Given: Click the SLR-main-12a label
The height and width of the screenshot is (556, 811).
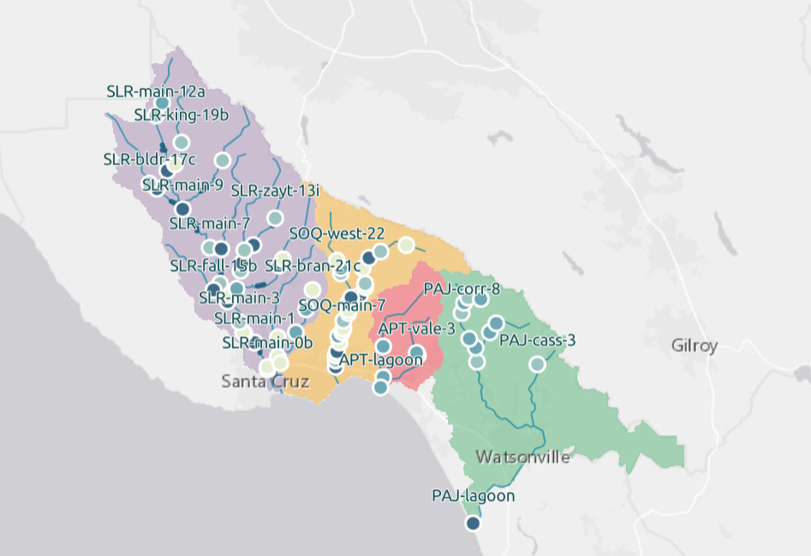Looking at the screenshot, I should pyautogui.click(x=156, y=91).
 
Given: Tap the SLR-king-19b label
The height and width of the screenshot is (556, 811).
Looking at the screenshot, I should pyautogui.click(x=182, y=115).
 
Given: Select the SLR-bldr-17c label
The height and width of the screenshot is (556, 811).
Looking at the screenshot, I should pyautogui.click(x=149, y=159).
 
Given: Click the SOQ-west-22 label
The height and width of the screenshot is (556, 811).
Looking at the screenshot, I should pyautogui.click(x=337, y=233).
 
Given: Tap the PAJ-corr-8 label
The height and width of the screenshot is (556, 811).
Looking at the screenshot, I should pyautogui.click(x=462, y=287).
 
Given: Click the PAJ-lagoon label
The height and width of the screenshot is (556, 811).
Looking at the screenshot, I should pyautogui.click(x=473, y=496).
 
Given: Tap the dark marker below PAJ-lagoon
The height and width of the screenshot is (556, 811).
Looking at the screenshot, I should pyautogui.click(x=473, y=523).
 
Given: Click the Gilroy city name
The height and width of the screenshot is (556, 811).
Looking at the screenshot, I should pyautogui.click(x=695, y=346).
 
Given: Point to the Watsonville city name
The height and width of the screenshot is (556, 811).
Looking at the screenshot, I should pyautogui.click(x=522, y=457).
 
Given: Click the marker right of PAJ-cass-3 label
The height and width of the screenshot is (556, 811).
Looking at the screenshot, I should pyautogui.click(x=537, y=364).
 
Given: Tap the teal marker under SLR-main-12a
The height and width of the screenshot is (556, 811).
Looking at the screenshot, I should pyautogui.click(x=162, y=104).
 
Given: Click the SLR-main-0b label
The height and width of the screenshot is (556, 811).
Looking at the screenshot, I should pyautogui.click(x=267, y=343).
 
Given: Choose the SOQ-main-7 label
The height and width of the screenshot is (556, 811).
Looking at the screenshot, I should pyautogui.click(x=342, y=305).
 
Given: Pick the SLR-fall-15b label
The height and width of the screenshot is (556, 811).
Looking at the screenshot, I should pyautogui.click(x=213, y=265).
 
